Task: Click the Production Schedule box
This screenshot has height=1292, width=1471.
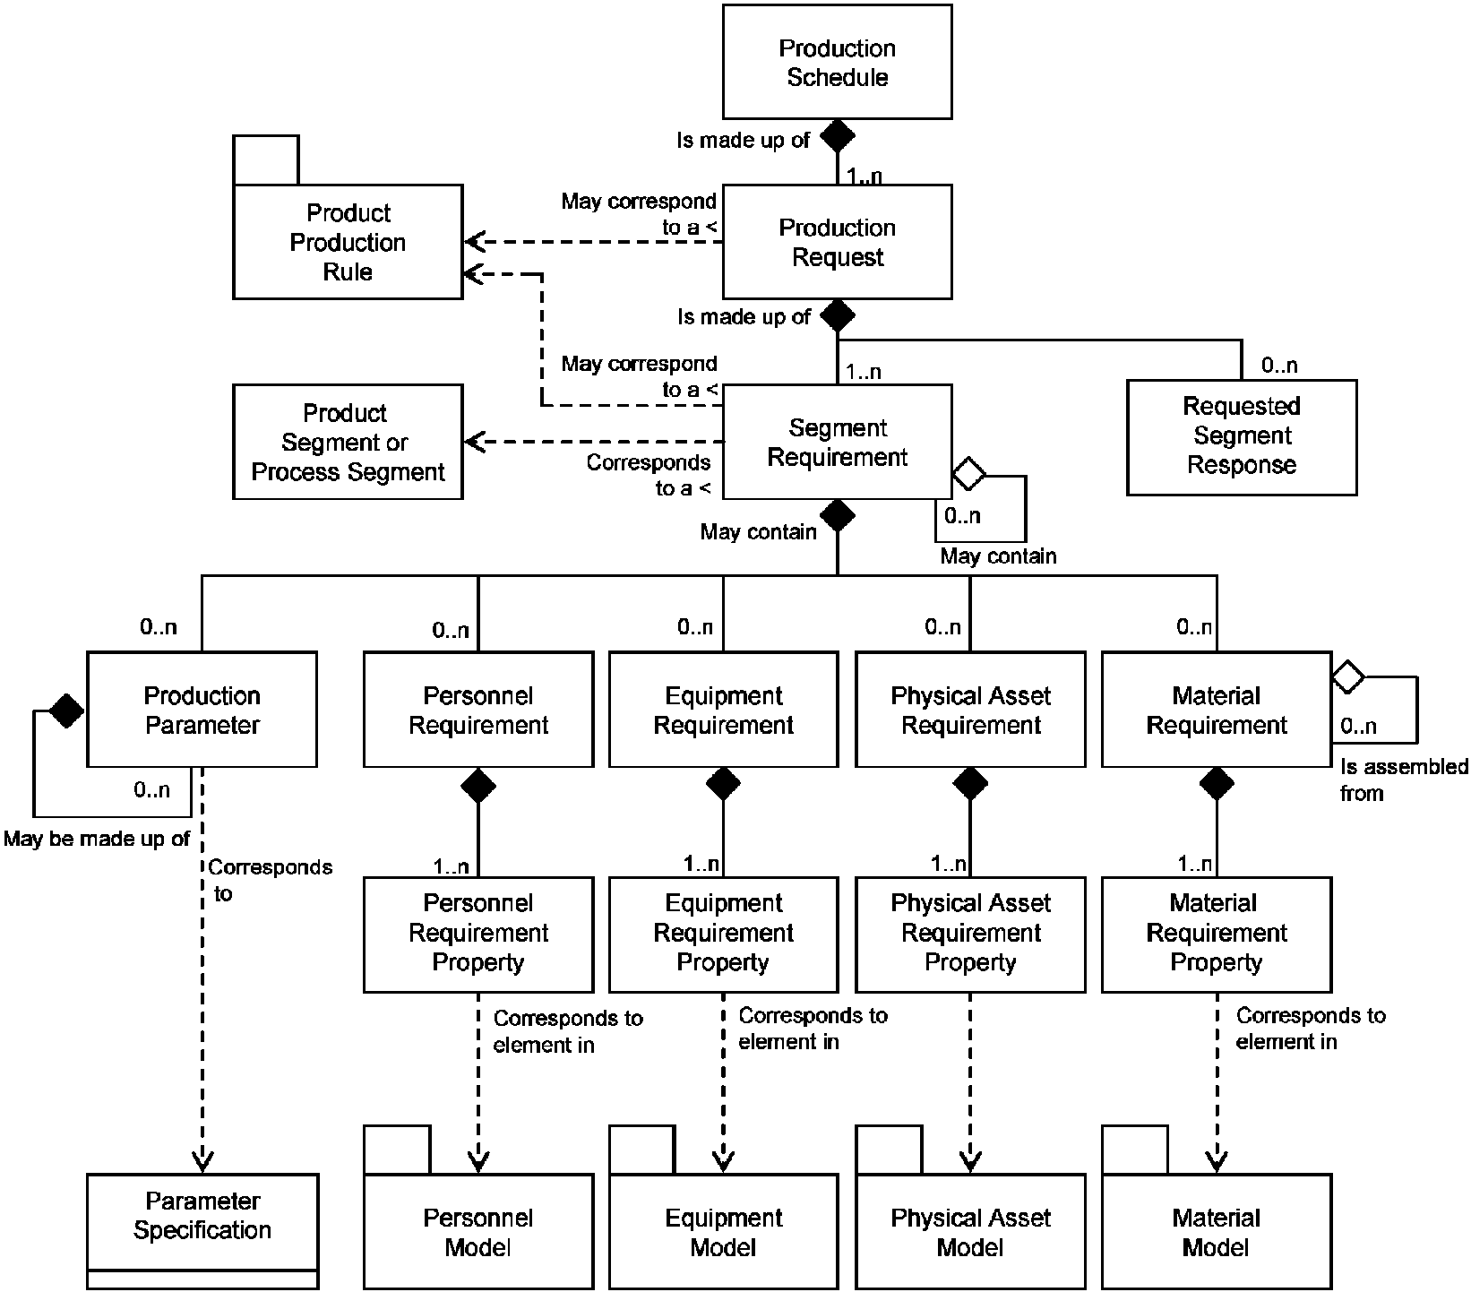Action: [x=837, y=62]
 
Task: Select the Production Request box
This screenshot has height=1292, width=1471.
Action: [x=837, y=242]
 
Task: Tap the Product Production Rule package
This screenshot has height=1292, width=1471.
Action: [x=348, y=241]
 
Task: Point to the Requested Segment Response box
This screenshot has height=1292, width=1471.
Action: [x=1242, y=437]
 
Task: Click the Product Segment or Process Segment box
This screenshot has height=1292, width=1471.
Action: [x=348, y=442]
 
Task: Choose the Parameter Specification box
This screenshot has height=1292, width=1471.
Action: [x=202, y=1231]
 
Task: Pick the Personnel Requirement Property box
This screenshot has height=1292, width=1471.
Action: [x=478, y=935]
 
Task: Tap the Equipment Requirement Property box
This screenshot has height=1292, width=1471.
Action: [x=724, y=935]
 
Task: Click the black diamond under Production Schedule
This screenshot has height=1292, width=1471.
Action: [x=838, y=136]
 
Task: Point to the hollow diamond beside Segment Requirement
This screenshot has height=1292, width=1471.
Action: [x=968, y=473]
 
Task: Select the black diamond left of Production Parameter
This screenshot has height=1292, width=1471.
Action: [x=66, y=711]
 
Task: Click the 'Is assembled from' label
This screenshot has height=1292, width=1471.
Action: [x=1404, y=780]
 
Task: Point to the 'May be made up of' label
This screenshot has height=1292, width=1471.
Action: [x=97, y=840]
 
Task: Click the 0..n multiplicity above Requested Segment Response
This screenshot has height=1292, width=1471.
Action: [x=1279, y=366]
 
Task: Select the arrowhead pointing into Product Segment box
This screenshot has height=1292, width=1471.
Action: [x=475, y=442]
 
